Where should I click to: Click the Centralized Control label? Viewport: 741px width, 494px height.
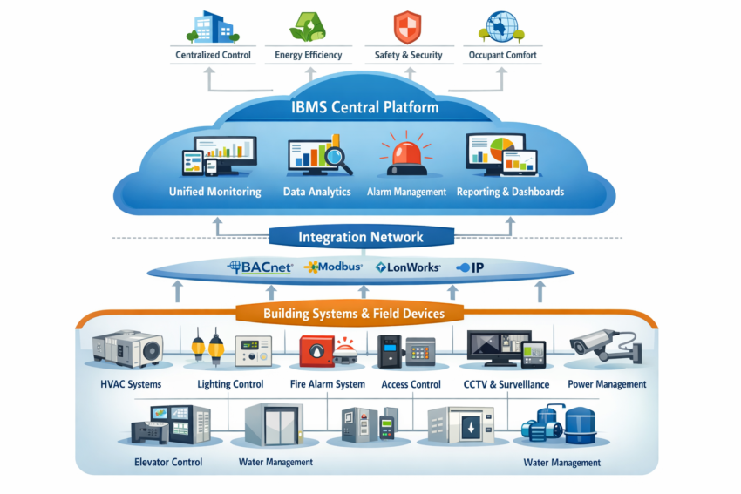(213, 55)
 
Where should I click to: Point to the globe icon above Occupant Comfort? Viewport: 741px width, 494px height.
(501, 25)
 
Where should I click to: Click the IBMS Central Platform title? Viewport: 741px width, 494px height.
(365, 108)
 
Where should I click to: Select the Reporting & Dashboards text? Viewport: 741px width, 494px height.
(510, 192)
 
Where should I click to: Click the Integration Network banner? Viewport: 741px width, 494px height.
(361, 236)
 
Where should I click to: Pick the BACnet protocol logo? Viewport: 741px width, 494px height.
(259, 267)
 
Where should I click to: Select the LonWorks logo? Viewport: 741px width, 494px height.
(408, 267)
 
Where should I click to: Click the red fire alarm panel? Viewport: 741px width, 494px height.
(313, 350)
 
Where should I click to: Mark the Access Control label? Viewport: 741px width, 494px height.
(411, 384)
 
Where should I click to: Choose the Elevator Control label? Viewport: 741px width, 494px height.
(168, 462)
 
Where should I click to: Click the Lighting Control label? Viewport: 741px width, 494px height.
(231, 384)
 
